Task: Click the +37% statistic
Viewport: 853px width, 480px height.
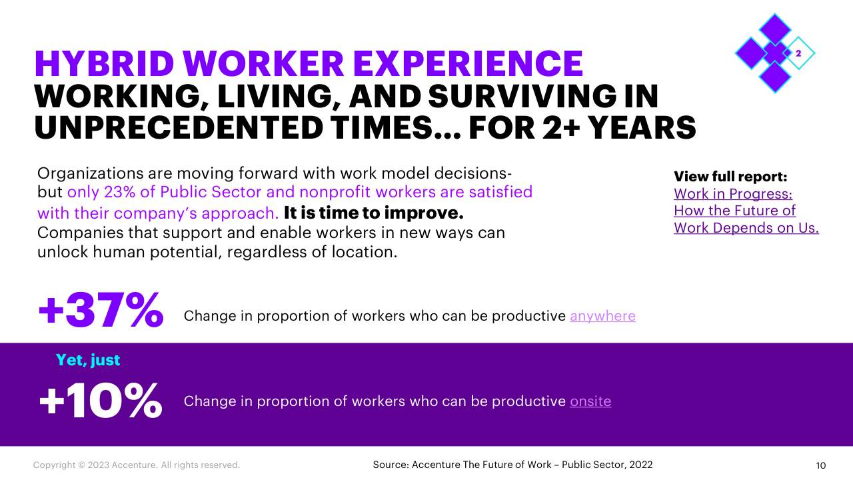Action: (x=101, y=309)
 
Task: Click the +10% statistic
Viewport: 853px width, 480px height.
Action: (x=101, y=401)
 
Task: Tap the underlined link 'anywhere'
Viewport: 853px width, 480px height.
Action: (x=603, y=316)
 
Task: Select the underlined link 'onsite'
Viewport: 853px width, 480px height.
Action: (x=590, y=401)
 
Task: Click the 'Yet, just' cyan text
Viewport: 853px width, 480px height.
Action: (x=88, y=361)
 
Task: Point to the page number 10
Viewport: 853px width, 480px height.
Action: (x=820, y=465)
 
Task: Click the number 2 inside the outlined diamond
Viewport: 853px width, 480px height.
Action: (x=798, y=53)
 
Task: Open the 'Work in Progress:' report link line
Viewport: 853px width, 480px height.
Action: (x=733, y=194)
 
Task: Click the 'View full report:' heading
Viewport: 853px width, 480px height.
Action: (x=730, y=177)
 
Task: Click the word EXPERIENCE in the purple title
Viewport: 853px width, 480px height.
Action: (x=468, y=63)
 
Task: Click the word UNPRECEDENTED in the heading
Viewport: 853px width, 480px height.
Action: (x=179, y=127)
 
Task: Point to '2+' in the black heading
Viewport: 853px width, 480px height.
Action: (x=561, y=127)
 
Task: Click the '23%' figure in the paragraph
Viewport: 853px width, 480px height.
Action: (x=119, y=192)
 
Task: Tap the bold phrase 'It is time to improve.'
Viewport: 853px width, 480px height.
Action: (x=374, y=213)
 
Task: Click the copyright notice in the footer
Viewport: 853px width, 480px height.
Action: (x=137, y=465)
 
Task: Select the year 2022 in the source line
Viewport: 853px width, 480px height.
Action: (x=641, y=465)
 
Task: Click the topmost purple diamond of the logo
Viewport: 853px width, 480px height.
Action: (x=775, y=29)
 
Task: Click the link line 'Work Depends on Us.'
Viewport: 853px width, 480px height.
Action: (x=746, y=228)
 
